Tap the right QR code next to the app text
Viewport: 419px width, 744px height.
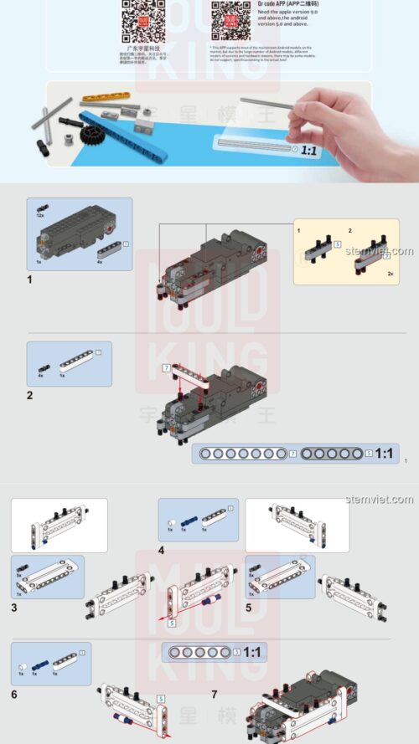pyautogui.click(x=227, y=20)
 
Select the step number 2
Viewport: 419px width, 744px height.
pyautogui.click(x=29, y=394)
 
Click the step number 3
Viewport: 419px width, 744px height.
pyautogui.click(x=14, y=608)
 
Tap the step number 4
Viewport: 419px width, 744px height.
pyautogui.click(x=162, y=552)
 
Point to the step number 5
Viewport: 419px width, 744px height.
pyautogui.click(x=249, y=608)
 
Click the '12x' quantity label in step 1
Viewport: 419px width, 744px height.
pyautogui.click(x=39, y=215)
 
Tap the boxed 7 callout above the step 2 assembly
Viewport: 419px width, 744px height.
pyautogui.click(x=166, y=368)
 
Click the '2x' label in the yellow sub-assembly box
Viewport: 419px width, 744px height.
pyautogui.click(x=390, y=274)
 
